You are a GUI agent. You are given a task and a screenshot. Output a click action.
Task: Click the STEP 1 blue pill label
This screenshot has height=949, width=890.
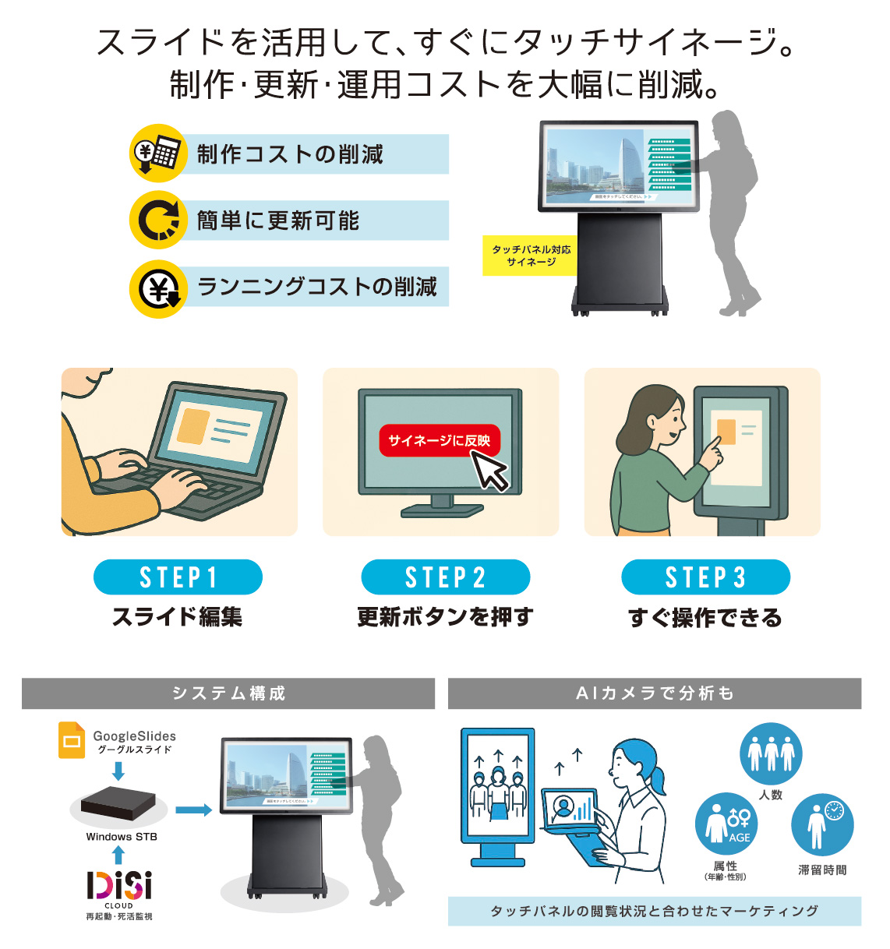pos(178,577)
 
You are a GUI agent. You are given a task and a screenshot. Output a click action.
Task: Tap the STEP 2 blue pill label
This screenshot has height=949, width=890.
pos(445,577)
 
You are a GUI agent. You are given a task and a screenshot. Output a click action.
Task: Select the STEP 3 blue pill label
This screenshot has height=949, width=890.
pos(705,577)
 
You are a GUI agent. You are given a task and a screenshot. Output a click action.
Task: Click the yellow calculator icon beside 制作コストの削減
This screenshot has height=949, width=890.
pos(157,153)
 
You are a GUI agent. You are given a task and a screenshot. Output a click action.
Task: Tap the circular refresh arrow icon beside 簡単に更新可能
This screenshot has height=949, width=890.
pos(157,220)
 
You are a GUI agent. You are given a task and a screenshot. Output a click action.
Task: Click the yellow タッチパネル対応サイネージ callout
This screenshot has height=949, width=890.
pos(530,256)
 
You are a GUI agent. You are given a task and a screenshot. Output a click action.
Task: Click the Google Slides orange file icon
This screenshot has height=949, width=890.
pos(72,740)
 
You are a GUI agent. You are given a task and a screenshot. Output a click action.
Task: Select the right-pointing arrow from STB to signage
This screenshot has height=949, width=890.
pos(193,810)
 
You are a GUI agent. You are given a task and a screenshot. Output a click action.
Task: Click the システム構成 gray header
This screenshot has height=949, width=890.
pos(228,693)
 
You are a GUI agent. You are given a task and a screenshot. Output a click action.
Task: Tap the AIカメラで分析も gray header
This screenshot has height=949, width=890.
pos(654,693)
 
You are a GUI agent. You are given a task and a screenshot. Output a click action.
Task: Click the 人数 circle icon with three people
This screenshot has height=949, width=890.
pos(770,753)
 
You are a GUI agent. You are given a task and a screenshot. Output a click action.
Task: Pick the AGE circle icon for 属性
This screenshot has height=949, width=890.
pos(726,824)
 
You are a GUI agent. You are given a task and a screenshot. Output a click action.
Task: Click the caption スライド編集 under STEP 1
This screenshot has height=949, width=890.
pos(177,617)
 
